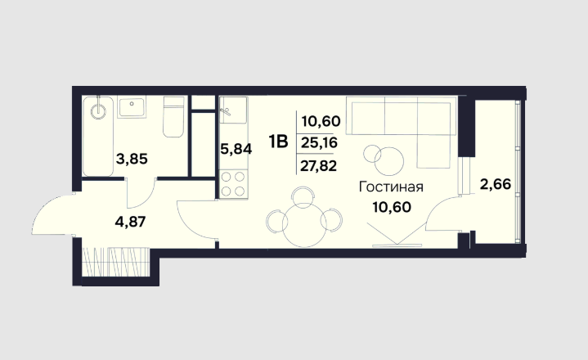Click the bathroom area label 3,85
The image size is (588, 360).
(x=132, y=159)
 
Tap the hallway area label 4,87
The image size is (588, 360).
(x=130, y=222)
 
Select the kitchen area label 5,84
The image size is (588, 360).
(x=236, y=149)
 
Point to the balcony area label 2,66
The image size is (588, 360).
(x=496, y=184)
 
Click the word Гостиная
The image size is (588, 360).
(x=391, y=187)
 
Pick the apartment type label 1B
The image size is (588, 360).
(x=278, y=142)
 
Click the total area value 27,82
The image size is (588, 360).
(x=318, y=165)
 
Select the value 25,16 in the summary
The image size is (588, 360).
(x=320, y=142)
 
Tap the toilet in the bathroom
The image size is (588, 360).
(x=173, y=117)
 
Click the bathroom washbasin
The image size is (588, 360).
(x=132, y=108)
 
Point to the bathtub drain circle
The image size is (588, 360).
(x=98, y=111)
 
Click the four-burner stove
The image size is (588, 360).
(x=233, y=184)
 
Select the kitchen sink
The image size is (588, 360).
(x=233, y=110)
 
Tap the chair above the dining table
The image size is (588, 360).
(x=303, y=196)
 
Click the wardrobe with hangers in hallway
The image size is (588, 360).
(x=115, y=262)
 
